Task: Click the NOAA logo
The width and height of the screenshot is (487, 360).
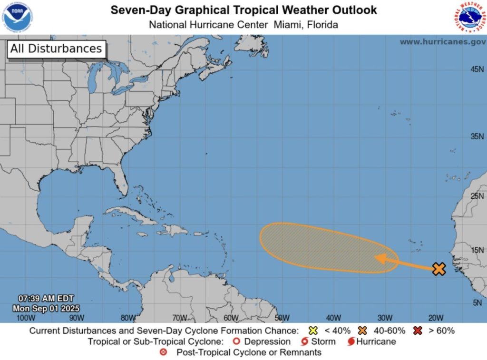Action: (17, 17)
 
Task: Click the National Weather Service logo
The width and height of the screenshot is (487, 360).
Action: (469, 17)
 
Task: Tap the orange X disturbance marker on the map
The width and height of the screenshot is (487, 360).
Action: (439, 269)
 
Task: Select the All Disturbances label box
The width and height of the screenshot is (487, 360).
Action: (56, 49)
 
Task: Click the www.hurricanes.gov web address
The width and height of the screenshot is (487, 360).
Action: (442, 42)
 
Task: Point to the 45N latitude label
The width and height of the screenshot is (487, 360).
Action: (477, 69)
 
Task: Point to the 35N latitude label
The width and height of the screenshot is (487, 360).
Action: (477, 136)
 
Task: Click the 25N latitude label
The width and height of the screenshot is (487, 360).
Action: (477, 195)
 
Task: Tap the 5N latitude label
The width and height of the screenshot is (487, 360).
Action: (478, 302)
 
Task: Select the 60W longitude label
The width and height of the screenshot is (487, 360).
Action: (231, 318)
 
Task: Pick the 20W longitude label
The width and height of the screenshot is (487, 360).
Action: (436, 318)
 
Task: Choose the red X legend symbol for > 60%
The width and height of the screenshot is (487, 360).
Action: (418, 331)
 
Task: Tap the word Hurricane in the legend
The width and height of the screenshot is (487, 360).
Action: (376, 341)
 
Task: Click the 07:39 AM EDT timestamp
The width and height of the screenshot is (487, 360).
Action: (46, 298)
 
